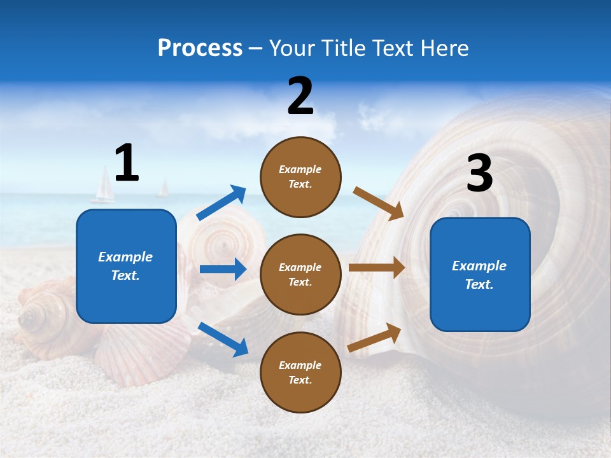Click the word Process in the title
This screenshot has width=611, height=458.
[200, 48]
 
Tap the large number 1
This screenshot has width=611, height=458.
[127, 163]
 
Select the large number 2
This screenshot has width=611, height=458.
[300, 96]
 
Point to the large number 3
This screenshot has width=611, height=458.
[479, 173]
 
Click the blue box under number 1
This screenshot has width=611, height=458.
[126, 266]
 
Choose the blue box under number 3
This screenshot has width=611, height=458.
[480, 274]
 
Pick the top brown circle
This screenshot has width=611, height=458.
[300, 177]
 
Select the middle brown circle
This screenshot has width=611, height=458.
[300, 274]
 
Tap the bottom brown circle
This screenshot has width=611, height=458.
[300, 372]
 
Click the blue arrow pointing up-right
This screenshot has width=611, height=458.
[221, 203]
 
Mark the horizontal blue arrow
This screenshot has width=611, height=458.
[223, 269]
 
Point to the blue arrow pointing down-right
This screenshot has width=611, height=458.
[223, 339]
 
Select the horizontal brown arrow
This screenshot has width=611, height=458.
[377, 268]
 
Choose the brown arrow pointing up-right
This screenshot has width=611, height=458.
[374, 337]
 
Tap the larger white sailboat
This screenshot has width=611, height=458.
[103, 185]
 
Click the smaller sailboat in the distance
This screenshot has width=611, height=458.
[164, 188]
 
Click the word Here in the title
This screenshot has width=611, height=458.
[445, 48]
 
